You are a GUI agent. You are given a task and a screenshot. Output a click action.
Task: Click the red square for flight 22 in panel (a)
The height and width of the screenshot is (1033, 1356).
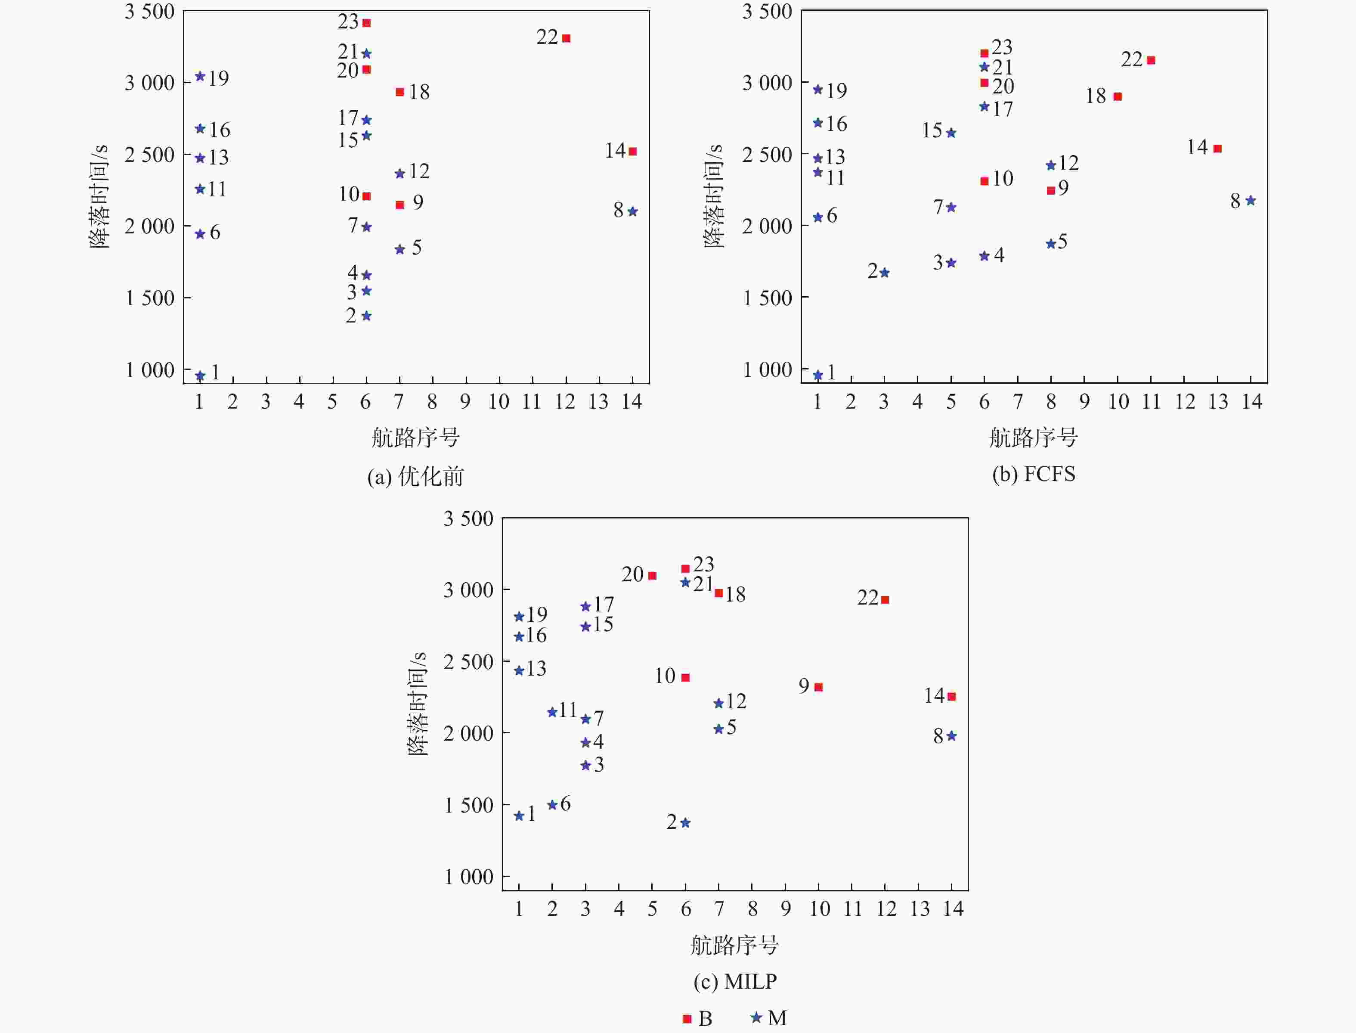click(566, 38)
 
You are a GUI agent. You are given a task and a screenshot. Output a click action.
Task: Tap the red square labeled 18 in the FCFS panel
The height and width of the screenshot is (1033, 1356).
click(1118, 96)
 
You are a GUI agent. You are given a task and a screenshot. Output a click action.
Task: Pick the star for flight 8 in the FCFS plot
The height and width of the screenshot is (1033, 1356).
click(1250, 201)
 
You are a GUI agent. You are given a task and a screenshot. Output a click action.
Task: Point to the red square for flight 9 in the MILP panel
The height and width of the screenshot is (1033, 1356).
click(818, 687)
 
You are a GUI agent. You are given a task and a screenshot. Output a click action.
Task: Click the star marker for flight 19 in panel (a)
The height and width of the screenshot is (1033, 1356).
click(200, 76)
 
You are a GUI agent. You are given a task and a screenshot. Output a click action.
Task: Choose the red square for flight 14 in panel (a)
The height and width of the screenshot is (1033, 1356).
click(632, 151)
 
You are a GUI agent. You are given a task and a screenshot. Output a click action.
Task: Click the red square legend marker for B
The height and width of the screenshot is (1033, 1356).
click(687, 1019)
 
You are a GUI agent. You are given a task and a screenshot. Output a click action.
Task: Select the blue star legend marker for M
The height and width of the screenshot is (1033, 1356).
click(756, 1017)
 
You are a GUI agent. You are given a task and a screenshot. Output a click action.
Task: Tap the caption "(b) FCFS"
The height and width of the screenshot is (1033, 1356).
click(1033, 474)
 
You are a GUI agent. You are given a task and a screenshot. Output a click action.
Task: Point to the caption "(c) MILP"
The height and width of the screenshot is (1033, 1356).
click(734, 981)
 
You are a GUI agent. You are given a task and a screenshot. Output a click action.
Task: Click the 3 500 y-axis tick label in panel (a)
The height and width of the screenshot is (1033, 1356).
click(149, 12)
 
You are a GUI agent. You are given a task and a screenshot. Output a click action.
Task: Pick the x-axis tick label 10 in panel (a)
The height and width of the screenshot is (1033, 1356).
click(498, 402)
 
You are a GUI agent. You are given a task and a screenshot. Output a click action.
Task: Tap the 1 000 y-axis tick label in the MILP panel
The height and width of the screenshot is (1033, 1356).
click(468, 877)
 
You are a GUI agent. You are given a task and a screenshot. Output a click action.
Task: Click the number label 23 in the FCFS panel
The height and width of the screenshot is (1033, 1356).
click(1002, 47)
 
